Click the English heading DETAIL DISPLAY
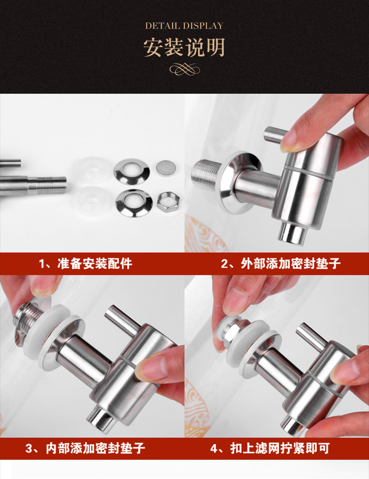184,26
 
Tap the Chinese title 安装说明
184,48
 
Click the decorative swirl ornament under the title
184,69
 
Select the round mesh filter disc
166,167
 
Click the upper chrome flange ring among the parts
132,171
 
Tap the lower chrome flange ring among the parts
134,203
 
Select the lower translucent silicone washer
92,201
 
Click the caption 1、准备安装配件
85,264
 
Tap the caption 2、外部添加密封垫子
281,264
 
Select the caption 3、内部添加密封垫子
85,449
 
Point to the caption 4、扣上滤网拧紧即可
270,449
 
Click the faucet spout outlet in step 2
292,233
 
